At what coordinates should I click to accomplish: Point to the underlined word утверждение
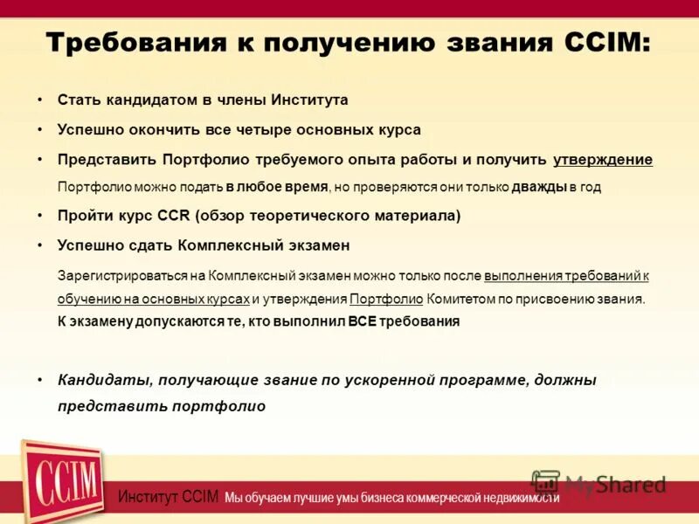603,159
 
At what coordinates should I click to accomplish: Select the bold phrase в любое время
277,187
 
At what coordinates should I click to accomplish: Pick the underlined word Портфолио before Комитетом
386,299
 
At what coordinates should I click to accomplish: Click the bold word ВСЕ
363,321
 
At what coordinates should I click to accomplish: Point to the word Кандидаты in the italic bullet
97,380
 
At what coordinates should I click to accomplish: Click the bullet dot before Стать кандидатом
40,100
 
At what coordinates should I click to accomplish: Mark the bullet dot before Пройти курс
40,215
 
